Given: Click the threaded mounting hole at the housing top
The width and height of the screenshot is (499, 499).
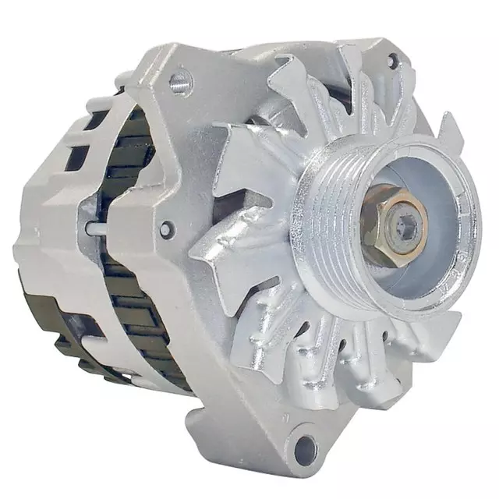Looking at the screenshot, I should [181, 80].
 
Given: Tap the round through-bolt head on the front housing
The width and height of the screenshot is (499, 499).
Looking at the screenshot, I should [166, 229].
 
